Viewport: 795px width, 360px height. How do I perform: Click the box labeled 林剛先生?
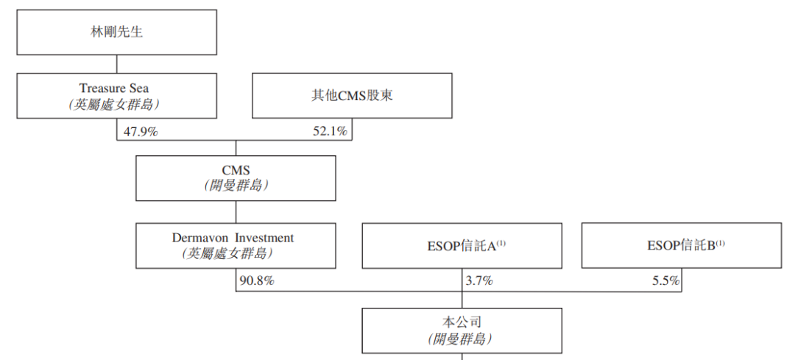pos(117,32)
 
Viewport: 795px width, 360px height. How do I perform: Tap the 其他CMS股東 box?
pos(352,96)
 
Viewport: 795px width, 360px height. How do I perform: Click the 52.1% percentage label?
pos(331,131)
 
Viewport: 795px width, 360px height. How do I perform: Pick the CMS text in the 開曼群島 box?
pos(236,170)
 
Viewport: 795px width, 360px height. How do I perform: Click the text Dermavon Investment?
pos(233,238)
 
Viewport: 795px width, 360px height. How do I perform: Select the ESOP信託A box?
pos(462,246)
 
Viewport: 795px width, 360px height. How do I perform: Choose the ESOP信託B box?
pos(681,246)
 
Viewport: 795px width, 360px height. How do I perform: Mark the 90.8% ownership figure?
pos(257,280)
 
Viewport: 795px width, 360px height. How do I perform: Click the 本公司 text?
pos(461,322)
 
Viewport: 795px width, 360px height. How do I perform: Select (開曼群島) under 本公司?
pos(461,339)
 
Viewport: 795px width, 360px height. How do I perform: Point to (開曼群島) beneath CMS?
pos(236,186)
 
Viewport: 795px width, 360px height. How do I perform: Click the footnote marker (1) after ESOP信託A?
pos(501,242)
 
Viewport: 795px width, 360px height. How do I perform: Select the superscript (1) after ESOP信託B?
pos(721,242)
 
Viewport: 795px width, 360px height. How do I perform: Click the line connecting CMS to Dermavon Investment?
pos(236,212)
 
